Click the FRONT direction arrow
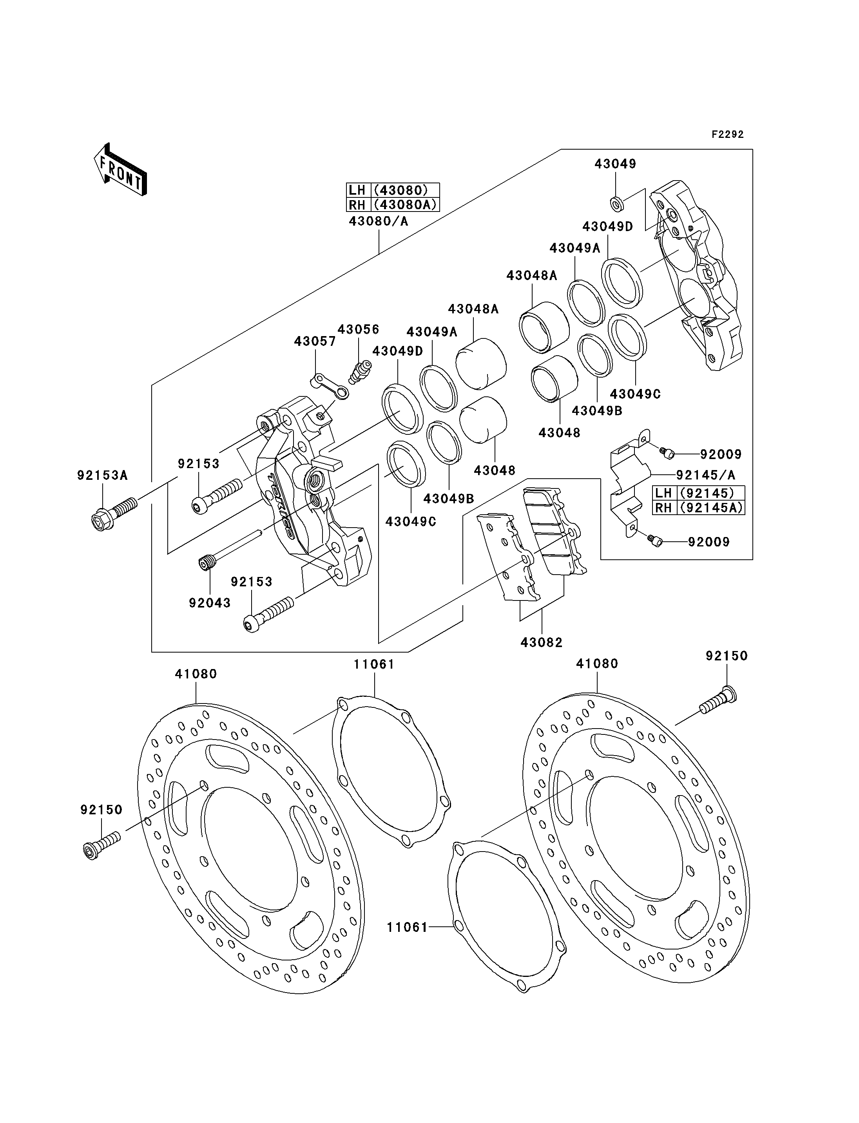(x=120, y=170)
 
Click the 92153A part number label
(x=102, y=476)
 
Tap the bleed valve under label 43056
(x=360, y=372)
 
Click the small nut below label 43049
(x=616, y=203)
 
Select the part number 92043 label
(x=210, y=603)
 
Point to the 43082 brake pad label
(x=542, y=642)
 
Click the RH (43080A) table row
(x=393, y=205)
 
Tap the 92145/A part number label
(x=706, y=476)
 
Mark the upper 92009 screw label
(x=721, y=454)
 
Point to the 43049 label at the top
(x=615, y=164)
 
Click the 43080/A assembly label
(x=379, y=221)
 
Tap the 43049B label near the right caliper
(x=597, y=411)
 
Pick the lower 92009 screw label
(x=709, y=542)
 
